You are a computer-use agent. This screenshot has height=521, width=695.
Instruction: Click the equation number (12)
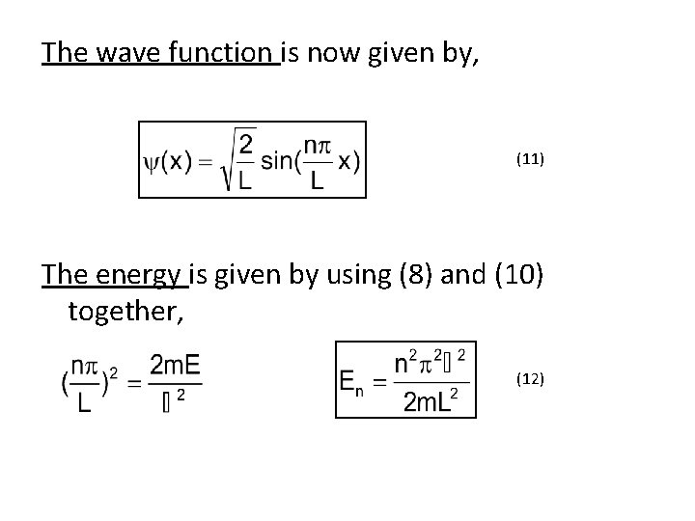(x=530, y=380)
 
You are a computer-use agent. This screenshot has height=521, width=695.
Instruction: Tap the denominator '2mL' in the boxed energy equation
(x=426, y=400)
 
